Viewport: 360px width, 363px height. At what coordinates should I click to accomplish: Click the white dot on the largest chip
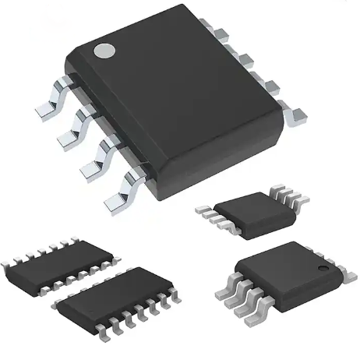pos(104,52)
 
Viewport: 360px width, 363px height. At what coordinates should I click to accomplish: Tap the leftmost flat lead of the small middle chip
pos(205,209)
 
